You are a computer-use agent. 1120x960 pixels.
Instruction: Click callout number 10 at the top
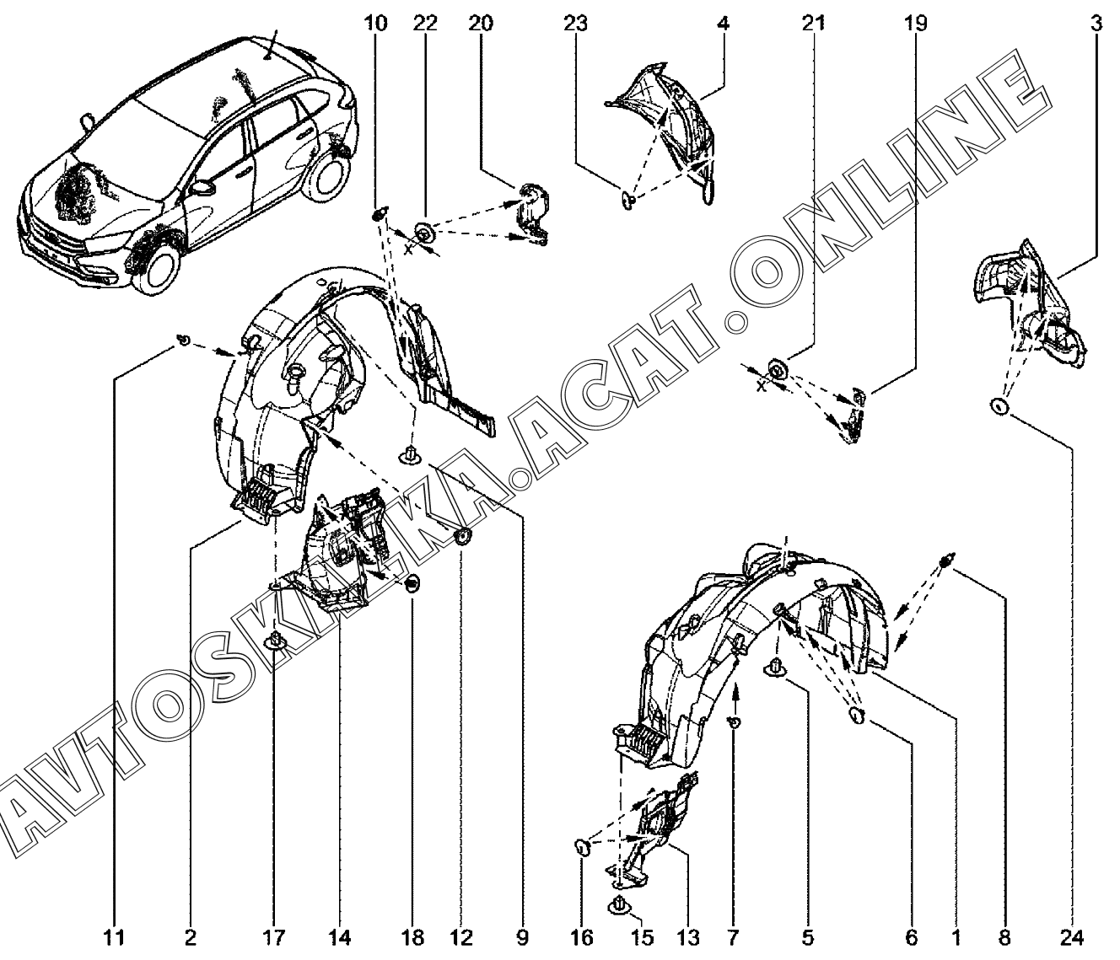pos(375,23)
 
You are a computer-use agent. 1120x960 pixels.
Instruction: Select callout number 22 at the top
pos(425,23)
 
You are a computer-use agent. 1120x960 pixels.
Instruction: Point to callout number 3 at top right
pos(1096,23)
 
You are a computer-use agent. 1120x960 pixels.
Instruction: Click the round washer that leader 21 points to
pos(777,367)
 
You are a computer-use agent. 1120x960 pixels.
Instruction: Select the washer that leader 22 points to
pos(424,229)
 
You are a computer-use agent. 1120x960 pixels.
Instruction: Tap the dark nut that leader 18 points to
pos(412,582)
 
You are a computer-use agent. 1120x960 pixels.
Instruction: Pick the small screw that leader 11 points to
pos(181,341)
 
